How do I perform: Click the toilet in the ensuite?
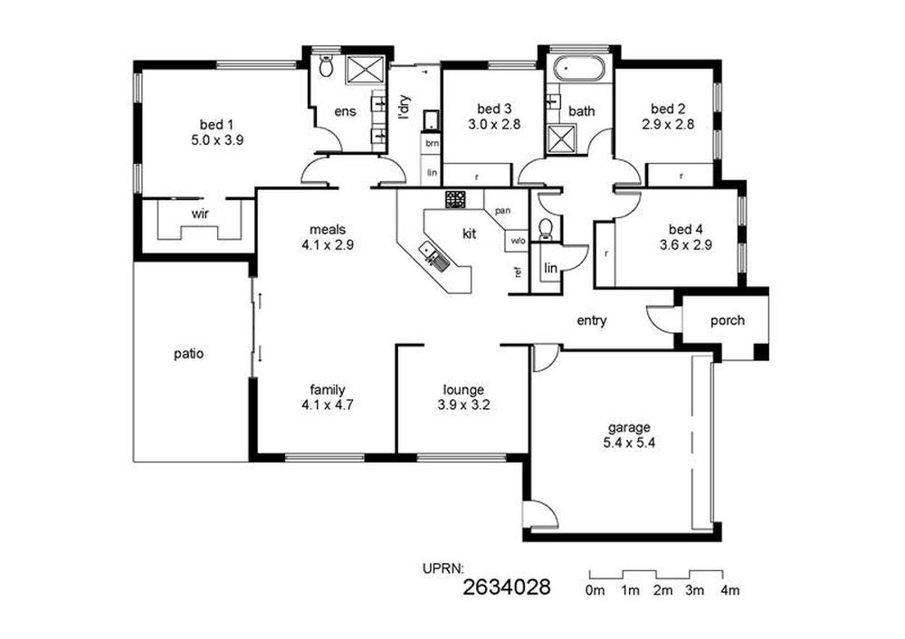tap(326, 66)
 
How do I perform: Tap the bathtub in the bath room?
tap(579, 70)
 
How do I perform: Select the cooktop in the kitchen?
tap(455, 199)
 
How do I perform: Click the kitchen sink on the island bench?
tap(434, 256)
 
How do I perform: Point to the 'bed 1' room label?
tap(217, 124)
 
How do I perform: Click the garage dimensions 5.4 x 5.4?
tap(629, 443)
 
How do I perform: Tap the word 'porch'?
tap(728, 320)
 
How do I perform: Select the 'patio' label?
tap(189, 353)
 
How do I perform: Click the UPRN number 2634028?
tap(507, 587)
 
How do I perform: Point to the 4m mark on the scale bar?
tap(730, 590)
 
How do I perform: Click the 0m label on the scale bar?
tap(595, 590)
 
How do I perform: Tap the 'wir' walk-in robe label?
tap(200, 215)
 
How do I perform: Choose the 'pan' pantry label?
tap(502, 211)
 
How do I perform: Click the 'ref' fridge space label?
tap(519, 272)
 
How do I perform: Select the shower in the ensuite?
tap(365, 70)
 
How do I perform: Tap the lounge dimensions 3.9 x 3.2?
tap(463, 405)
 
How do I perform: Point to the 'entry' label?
tap(592, 320)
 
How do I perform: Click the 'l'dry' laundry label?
tap(404, 107)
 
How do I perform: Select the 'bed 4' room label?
tap(686, 229)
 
